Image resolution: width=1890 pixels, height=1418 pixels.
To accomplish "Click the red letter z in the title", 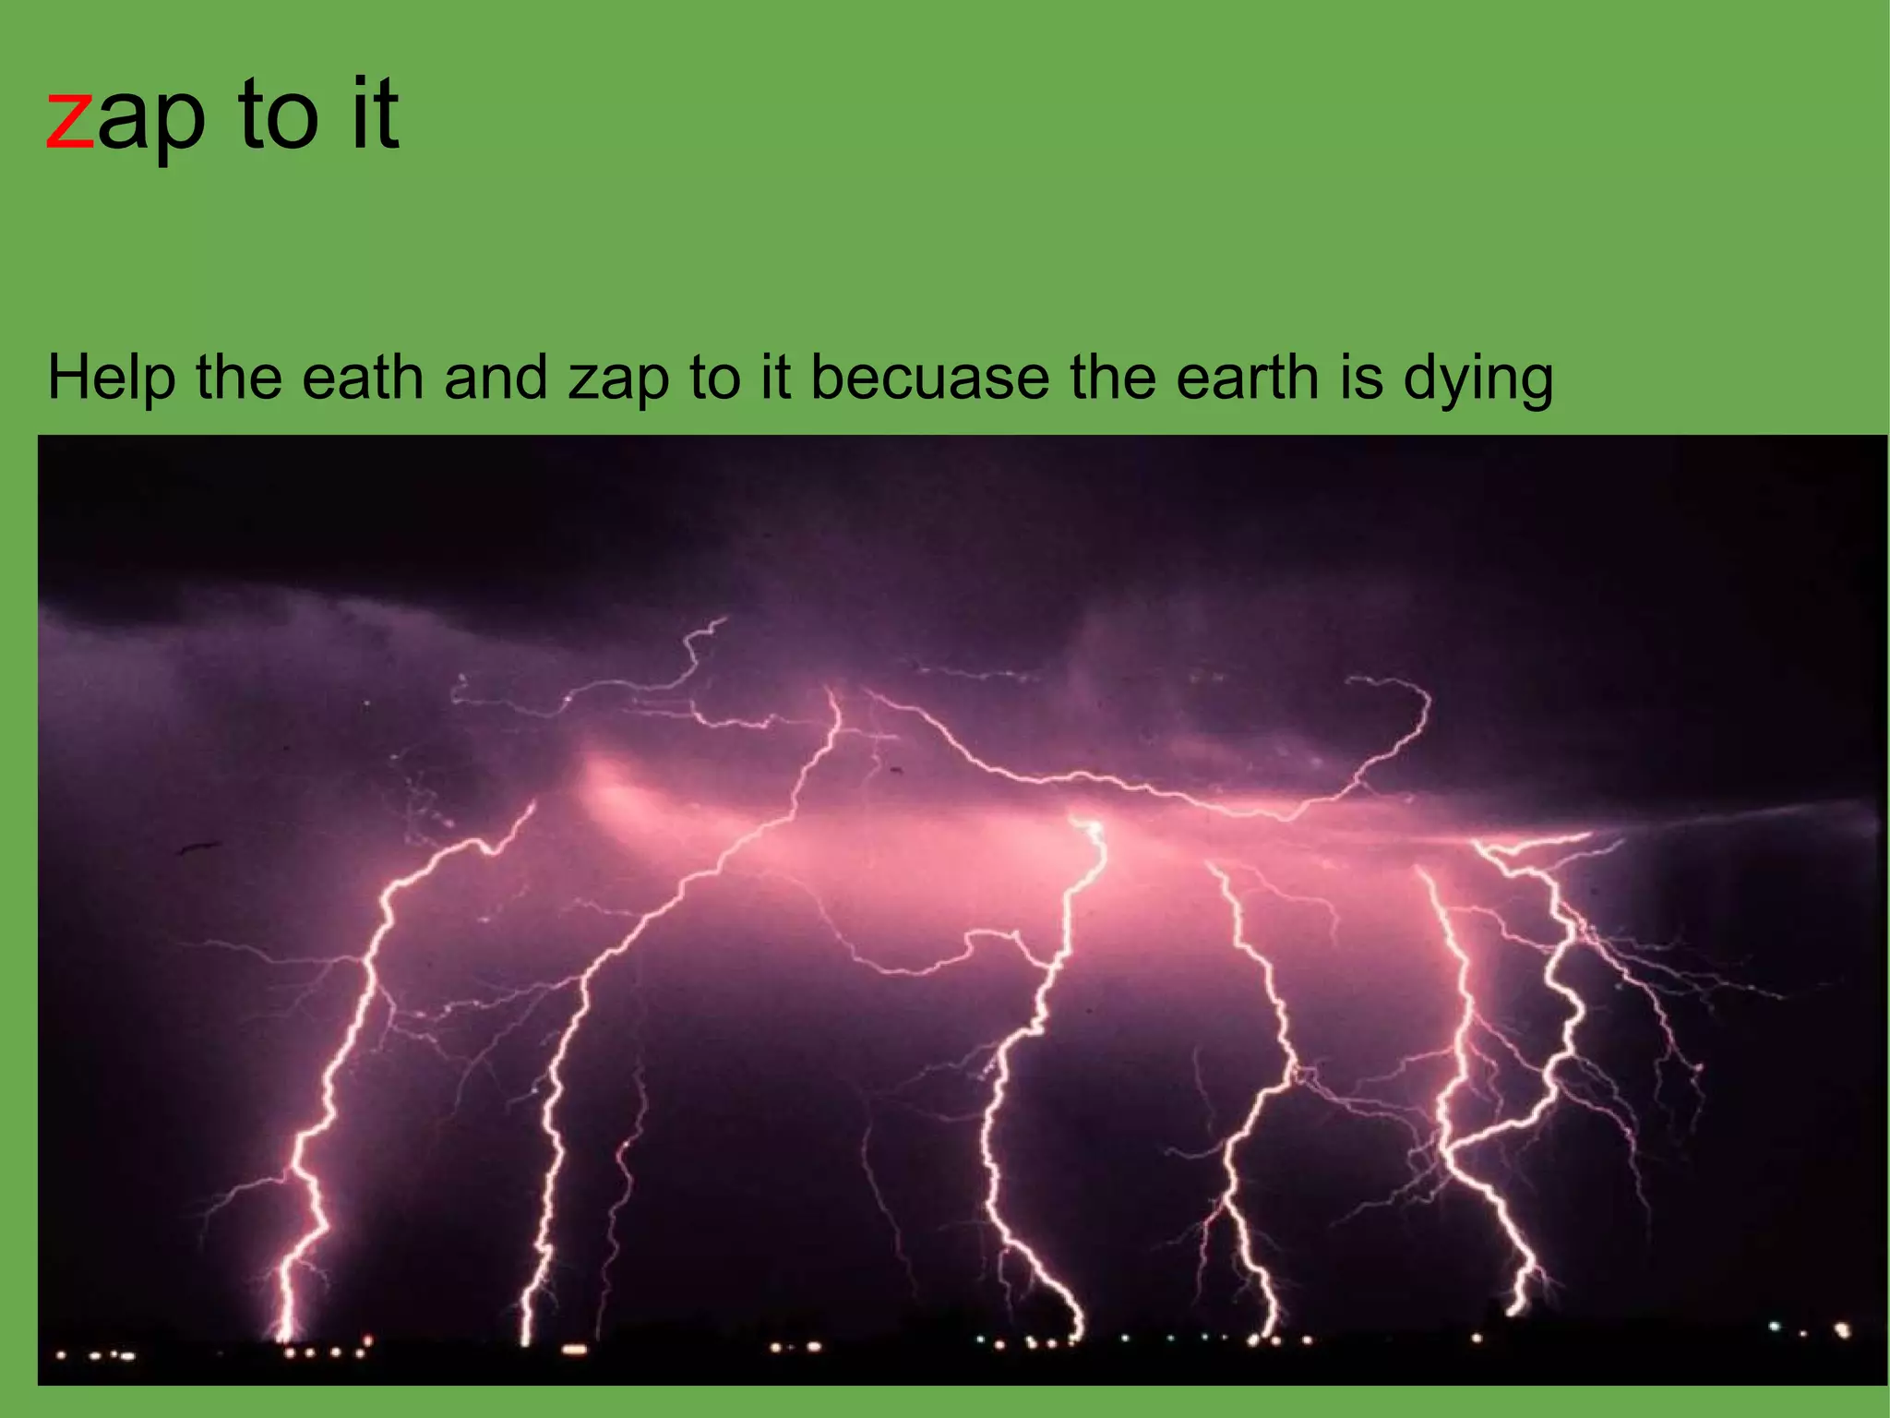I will [x=70, y=120].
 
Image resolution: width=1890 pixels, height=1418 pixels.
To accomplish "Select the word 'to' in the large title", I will [x=277, y=114].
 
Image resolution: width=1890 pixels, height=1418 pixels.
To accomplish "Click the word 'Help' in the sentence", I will [x=111, y=379].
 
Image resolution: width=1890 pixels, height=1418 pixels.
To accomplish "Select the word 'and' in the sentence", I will [x=496, y=379].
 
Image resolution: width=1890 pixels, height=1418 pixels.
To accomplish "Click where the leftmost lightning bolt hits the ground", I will [x=284, y=1336].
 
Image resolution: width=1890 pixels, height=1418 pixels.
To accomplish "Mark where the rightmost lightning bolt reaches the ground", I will [x=1513, y=1309].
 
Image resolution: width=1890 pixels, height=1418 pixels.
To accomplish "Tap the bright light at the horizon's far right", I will [x=1842, y=1330].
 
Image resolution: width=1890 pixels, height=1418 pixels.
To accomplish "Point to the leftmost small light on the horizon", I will [x=61, y=1356].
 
